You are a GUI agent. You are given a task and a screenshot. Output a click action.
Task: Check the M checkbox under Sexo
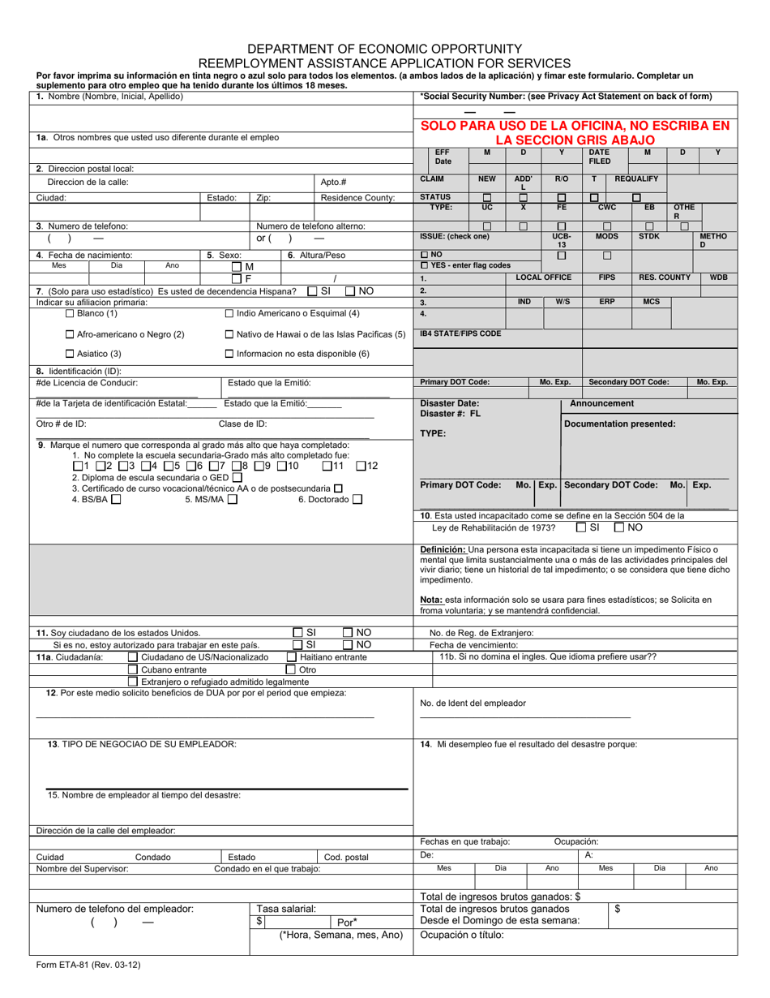click(237, 267)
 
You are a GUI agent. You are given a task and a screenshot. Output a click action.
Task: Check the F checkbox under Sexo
click(237, 279)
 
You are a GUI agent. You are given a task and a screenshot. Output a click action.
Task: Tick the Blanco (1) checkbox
click(70, 313)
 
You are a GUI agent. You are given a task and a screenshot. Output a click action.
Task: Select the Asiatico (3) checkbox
click(70, 354)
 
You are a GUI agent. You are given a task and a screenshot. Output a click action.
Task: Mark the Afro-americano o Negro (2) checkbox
click(70, 334)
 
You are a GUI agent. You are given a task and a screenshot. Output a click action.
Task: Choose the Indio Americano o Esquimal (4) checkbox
click(229, 313)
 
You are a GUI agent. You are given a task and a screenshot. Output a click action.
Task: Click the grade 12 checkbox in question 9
click(361, 467)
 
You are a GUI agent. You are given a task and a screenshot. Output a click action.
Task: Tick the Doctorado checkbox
click(357, 500)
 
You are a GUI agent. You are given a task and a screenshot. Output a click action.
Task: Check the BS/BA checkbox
click(116, 500)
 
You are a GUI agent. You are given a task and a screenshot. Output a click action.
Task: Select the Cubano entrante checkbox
click(133, 670)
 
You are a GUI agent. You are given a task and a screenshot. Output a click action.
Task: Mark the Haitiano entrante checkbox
click(292, 657)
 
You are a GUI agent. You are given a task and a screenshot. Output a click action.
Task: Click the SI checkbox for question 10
click(581, 527)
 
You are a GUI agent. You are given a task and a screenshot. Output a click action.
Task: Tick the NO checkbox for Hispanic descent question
click(351, 291)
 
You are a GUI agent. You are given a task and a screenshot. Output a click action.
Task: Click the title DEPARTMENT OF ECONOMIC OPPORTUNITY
click(384, 49)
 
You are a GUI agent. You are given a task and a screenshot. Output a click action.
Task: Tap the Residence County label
click(357, 197)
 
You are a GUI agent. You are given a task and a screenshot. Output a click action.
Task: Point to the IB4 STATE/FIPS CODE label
click(460, 333)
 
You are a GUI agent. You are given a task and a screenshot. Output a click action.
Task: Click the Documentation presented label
click(619, 424)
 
